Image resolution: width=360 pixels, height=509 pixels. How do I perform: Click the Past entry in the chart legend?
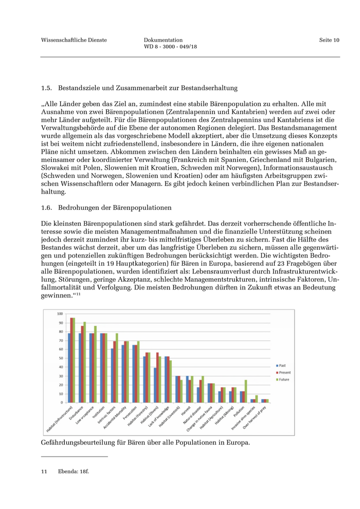coord(281,365)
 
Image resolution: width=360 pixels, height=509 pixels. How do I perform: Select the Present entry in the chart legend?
coord(283,372)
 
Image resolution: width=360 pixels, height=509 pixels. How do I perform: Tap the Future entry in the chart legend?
coord(282,379)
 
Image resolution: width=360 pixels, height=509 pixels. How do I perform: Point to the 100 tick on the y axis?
coord(60,314)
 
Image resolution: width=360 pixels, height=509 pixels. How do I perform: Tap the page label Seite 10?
coord(329,40)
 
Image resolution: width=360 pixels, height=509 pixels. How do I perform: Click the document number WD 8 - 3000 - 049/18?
coord(170,47)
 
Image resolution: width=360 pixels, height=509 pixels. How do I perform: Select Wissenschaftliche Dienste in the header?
coord(74,40)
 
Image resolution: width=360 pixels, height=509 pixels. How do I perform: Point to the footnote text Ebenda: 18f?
coord(74,471)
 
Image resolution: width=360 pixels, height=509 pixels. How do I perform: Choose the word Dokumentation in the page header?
coord(164,40)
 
